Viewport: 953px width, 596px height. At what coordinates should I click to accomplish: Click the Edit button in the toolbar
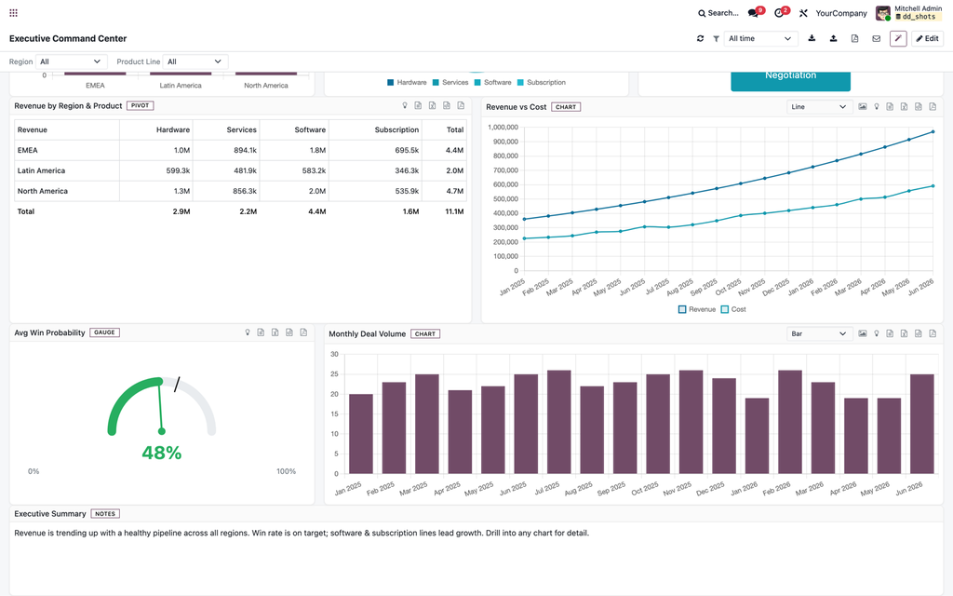927,38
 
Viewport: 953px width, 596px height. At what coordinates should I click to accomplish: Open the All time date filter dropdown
760,38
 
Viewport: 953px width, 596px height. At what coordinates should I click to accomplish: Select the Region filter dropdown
71,61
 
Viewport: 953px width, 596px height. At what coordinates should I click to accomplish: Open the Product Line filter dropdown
195,61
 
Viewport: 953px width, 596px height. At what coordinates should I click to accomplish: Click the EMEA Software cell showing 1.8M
318,150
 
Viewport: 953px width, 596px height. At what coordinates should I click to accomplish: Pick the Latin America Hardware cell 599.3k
178,171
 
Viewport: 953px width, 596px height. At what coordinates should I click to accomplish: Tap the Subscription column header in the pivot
396,129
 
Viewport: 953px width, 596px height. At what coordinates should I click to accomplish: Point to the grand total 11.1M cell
454,211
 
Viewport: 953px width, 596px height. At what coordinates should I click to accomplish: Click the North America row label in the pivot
43,191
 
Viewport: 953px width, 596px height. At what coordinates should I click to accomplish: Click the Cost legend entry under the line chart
733,309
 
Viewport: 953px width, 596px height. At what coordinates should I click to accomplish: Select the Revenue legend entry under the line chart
696,309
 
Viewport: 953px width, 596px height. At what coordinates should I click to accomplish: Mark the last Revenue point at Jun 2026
933,131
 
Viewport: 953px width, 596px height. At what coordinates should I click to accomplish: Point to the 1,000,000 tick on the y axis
503,127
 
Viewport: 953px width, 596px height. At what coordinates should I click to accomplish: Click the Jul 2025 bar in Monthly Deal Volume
559,422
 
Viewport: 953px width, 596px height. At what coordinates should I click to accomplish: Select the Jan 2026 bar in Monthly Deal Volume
758,436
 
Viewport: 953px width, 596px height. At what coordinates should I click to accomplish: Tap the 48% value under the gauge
162,454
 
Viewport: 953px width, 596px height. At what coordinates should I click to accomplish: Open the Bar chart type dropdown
818,334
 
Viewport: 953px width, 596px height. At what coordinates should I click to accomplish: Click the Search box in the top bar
718,13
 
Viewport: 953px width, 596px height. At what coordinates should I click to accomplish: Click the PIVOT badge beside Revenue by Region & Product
141,106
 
